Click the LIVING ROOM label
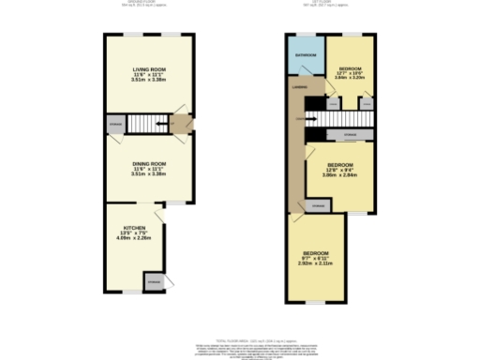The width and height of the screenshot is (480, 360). [x=149, y=69]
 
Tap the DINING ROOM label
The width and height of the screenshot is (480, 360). [x=149, y=161]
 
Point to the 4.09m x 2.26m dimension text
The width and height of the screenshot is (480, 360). [x=135, y=238]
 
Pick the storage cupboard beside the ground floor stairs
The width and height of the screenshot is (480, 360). [x=114, y=123]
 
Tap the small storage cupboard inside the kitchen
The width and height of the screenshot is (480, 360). [x=153, y=280]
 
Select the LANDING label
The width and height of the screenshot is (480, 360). [x=300, y=87]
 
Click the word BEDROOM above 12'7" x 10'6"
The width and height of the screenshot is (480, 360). [x=352, y=68]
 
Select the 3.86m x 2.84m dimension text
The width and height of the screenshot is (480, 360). [x=339, y=175]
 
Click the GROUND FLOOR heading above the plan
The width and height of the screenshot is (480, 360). [x=150, y=3]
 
